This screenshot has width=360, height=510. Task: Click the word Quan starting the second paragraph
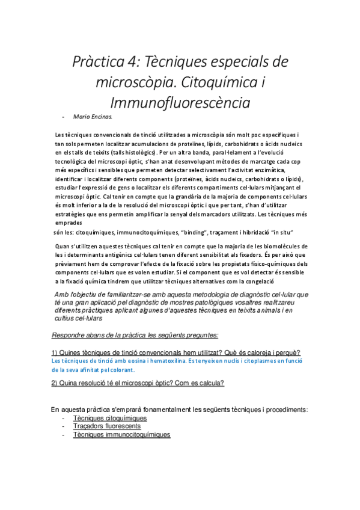[62, 246]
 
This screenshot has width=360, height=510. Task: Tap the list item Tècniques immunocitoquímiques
[121, 434]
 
